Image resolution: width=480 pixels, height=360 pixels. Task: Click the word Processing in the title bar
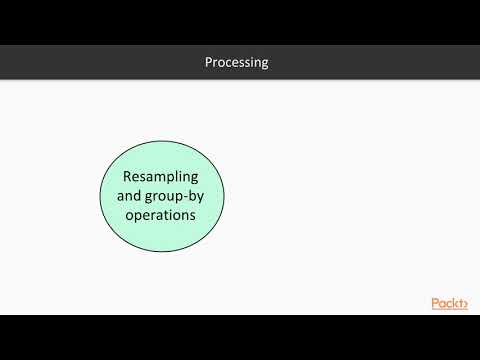(236, 63)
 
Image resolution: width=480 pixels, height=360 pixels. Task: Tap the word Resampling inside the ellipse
(163, 177)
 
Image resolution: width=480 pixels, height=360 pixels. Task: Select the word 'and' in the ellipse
(116, 196)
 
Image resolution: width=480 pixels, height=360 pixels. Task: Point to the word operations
(163, 214)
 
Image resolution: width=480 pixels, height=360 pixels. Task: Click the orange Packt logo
(449, 304)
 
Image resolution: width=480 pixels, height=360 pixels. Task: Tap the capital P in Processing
(208, 63)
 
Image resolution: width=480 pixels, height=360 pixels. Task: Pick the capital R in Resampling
(127, 177)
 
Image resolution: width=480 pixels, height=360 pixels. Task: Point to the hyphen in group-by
(189, 197)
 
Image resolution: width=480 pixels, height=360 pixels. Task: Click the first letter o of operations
(130, 214)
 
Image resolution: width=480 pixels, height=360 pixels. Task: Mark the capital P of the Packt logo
(435, 304)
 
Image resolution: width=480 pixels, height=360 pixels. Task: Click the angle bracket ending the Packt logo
(464, 304)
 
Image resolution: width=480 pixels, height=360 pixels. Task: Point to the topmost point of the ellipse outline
(163, 139)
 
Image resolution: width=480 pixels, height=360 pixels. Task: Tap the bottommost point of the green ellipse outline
(163, 253)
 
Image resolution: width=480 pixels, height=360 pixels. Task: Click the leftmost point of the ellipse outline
(101, 196)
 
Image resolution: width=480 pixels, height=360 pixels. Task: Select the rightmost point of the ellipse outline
(225, 196)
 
